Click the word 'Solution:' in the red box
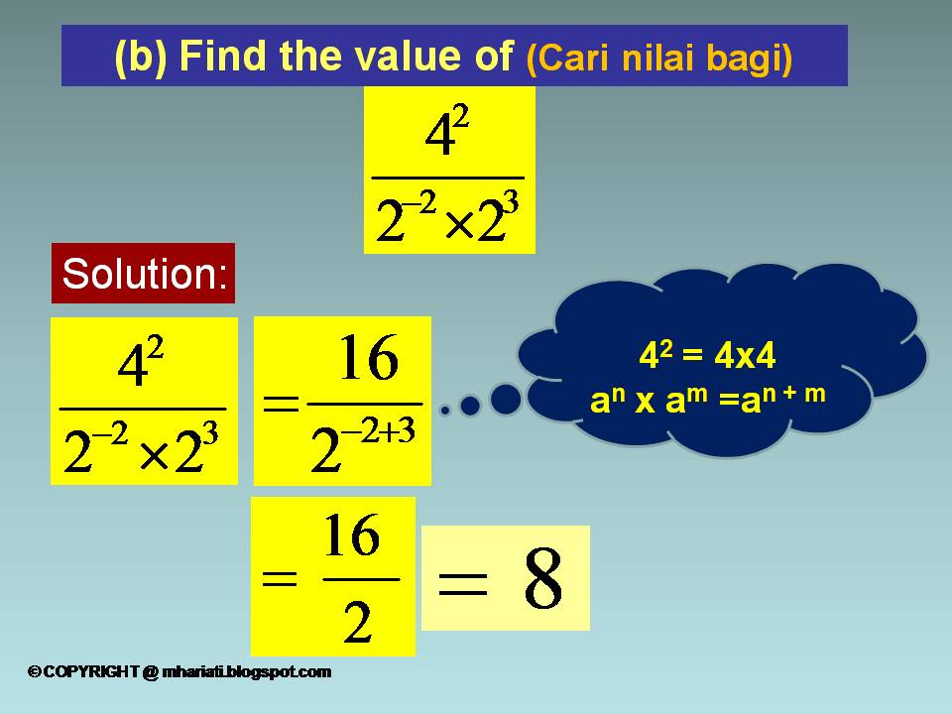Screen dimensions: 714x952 [144, 273]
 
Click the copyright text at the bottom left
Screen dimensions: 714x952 [179, 672]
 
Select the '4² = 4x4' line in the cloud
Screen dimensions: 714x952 [707, 356]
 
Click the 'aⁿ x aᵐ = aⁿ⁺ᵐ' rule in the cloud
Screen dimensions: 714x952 [707, 399]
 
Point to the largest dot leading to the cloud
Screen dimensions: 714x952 [506, 399]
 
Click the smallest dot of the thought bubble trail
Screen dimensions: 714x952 [445, 410]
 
